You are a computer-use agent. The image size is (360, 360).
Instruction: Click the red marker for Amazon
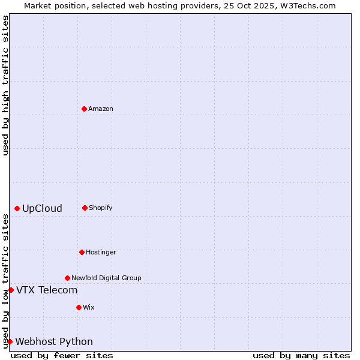(84, 109)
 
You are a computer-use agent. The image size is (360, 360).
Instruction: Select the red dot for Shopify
(85, 208)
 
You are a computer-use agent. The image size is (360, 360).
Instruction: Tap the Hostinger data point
(82, 252)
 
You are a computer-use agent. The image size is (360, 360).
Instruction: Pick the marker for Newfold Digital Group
(67, 278)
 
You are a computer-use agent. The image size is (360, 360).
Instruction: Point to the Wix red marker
(79, 307)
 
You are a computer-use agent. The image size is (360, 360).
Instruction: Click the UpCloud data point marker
(17, 208)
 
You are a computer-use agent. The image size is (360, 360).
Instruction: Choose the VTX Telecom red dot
(11, 290)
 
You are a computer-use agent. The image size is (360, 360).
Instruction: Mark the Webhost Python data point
(10, 341)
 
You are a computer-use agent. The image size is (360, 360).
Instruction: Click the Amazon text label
(101, 109)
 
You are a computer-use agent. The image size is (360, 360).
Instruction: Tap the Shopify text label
(101, 208)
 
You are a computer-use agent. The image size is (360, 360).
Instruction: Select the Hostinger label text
(101, 252)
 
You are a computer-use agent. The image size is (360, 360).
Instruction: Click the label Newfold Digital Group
(106, 278)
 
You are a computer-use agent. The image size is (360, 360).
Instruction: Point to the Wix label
(89, 307)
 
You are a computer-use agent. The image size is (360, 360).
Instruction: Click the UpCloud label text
(42, 209)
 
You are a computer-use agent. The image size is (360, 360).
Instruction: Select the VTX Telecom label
(47, 290)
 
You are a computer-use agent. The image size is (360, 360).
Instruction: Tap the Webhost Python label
(54, 342)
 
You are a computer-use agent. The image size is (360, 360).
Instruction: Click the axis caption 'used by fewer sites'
(62, 355)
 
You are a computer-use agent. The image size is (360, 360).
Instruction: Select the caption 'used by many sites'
(301, 355)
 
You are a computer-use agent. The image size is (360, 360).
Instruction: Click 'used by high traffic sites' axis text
(5, 85)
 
